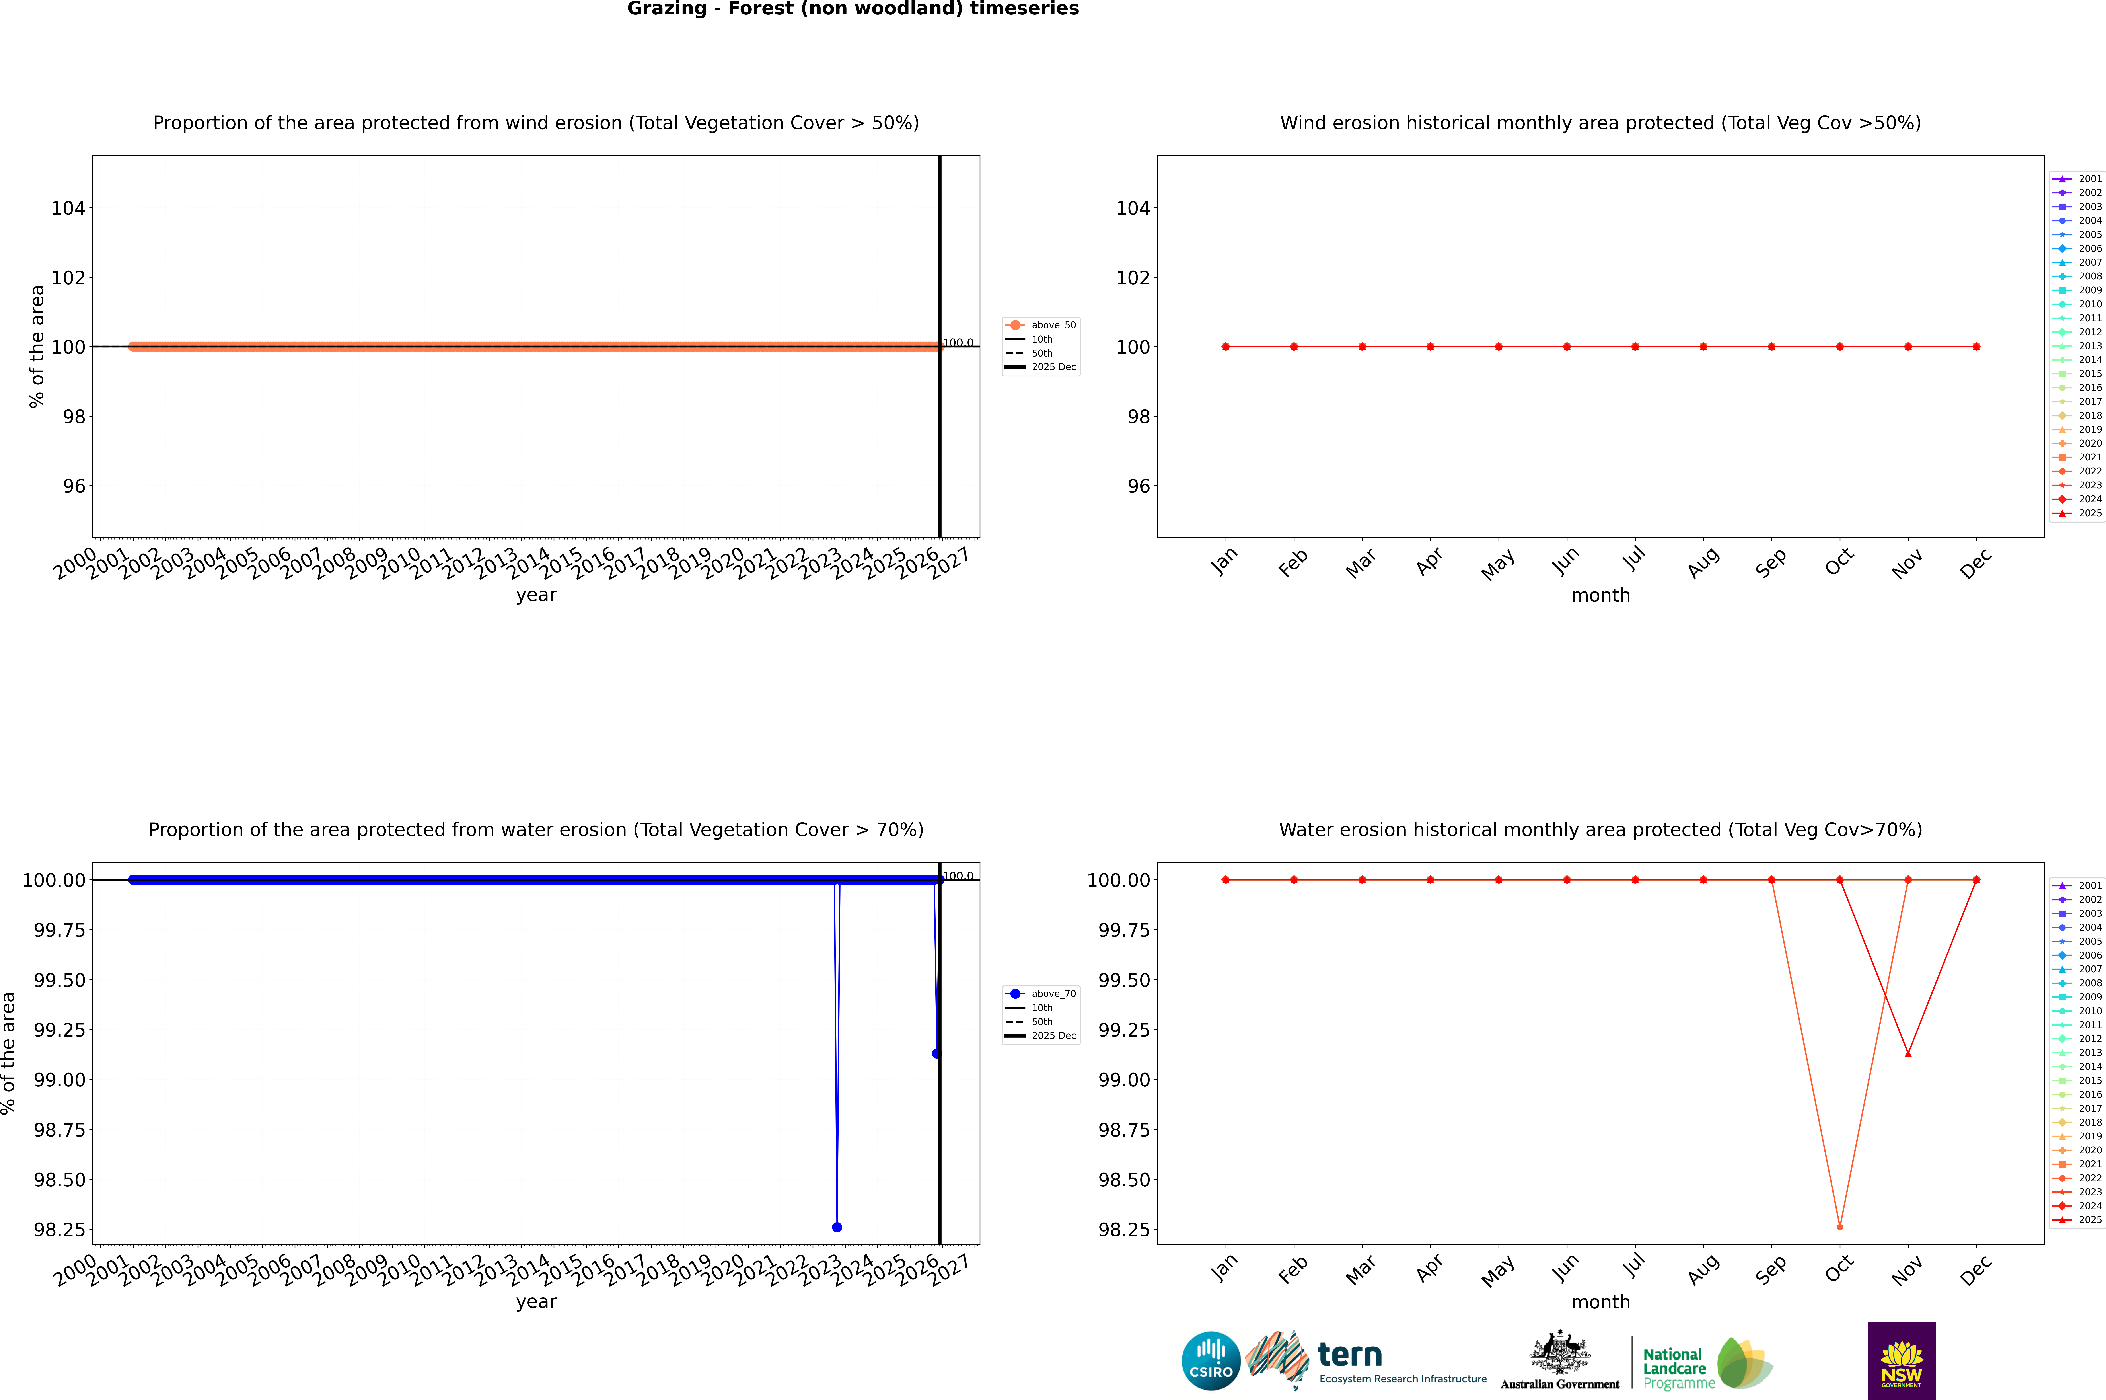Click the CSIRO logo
(1211, 1361)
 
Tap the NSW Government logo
(1902, 1361)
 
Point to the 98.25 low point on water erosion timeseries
(837, 1227)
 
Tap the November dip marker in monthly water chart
(1908, 1054)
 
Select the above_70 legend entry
(1042, 993)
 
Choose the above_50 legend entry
(1042, 325)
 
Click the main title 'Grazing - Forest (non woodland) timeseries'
(853, 9)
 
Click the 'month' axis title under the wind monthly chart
(1600, 596)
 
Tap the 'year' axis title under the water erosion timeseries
(536, 1302)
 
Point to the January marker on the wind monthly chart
(1226, 346)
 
